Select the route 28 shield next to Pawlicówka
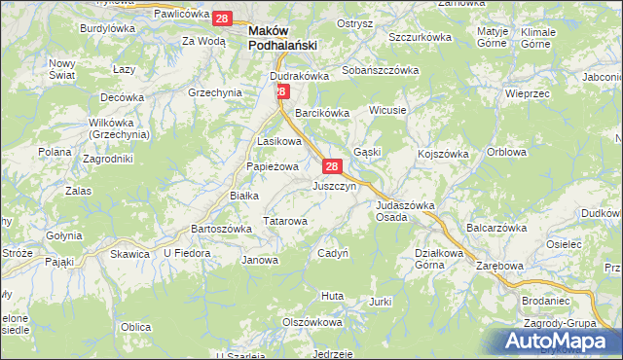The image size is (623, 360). tap(223, 18)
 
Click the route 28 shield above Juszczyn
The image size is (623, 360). tap(332, 167)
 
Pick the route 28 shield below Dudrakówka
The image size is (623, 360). tap(281, 91)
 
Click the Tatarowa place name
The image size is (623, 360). tap(286, 222)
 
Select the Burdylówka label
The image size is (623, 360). tap(108, 28)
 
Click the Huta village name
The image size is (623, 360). tap(333, 295)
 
